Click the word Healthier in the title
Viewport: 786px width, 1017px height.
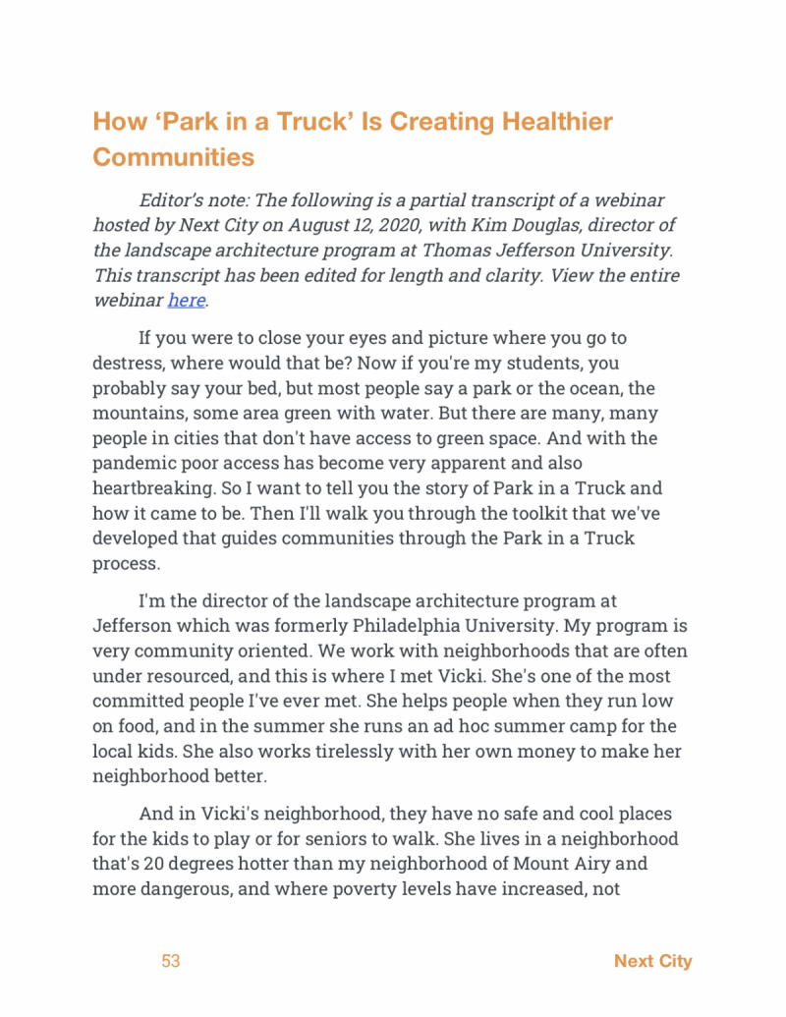point(557,122)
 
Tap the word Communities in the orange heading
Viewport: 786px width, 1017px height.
point(173,156)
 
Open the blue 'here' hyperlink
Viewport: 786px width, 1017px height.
point(186,300)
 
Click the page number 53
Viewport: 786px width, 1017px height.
point(171,961)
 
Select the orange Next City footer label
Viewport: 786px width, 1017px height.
point(652,961)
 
